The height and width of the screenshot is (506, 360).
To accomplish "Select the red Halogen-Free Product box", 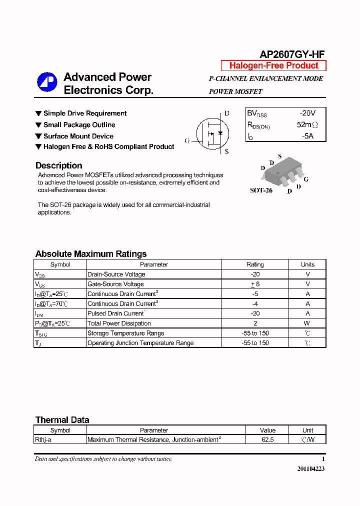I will (x=273, y=65).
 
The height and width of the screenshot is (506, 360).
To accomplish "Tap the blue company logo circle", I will (x=47, y=82).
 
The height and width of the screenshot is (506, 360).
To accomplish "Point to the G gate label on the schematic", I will (x=187, y=141).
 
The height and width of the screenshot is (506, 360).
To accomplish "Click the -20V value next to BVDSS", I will (x=307, y=113).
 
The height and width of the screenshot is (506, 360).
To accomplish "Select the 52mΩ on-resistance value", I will (x=307, y=124).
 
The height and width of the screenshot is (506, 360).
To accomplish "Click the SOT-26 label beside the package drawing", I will (x=261, y=190).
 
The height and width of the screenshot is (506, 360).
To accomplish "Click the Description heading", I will (x=58, y=165).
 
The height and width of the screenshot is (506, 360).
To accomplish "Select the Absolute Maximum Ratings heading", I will (x=91, y=253).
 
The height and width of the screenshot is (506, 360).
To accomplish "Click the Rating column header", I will (x=255, y=264).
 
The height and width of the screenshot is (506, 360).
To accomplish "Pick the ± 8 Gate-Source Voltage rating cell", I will (x=255, y=284).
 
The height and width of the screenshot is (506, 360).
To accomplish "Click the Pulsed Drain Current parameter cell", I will (x=116, y=313).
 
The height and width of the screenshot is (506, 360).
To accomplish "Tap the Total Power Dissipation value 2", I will (x=255, y=323).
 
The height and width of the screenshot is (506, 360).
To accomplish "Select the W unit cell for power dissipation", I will (x=307, y=323).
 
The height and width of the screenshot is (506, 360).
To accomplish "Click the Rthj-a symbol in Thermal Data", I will (x=43, y=440).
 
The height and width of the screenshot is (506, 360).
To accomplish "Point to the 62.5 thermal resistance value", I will (x=267, y=440).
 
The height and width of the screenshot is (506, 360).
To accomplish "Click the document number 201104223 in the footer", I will (x=310, y=469).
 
